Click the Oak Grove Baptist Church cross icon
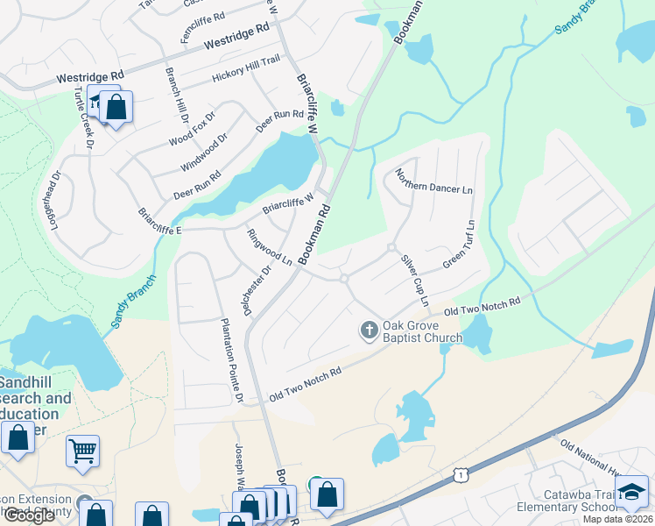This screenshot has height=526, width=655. (x=370, y=331)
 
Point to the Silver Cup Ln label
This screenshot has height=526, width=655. (x=415, y=280)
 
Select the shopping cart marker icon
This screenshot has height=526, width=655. (x=82, y=451)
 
